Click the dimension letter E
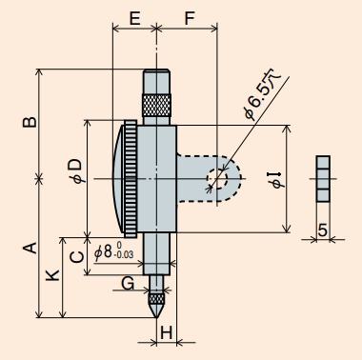point(135,18)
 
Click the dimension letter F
point(190,18)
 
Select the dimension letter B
point(30,122)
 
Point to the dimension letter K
point(52,275)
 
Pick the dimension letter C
point(77,257)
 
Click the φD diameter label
point(78,170)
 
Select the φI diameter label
point(277,180)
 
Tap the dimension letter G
point(128,283)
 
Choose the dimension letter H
point(166,332)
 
